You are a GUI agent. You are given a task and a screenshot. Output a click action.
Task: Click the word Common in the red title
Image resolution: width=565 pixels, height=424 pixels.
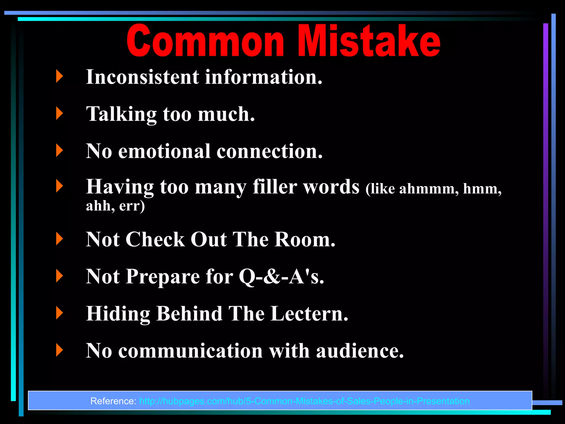206,41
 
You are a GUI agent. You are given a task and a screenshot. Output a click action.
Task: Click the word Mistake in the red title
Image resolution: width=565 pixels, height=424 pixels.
369,41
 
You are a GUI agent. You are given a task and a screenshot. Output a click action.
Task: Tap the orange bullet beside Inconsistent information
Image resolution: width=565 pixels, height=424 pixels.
59,76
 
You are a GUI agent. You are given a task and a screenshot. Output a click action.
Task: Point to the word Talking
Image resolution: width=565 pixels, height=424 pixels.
121,114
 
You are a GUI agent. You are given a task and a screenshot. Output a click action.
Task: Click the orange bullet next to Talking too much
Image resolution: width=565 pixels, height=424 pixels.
59,113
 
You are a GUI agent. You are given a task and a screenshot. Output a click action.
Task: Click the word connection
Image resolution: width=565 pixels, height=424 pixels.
270,151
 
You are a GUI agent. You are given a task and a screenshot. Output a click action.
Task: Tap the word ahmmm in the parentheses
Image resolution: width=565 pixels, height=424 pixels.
429,189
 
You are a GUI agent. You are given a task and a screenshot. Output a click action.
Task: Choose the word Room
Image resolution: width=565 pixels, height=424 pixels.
305,239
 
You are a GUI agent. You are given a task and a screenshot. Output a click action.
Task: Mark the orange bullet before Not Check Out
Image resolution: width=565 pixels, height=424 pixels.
59,239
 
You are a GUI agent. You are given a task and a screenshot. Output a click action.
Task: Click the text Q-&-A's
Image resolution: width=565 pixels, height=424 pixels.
281,276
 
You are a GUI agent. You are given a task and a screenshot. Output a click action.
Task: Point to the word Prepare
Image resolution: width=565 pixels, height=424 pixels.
163,277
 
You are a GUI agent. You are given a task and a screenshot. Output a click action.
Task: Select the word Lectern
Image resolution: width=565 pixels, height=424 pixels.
309,314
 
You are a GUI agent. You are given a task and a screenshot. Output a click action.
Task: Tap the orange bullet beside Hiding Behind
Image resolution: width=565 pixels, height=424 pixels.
59,313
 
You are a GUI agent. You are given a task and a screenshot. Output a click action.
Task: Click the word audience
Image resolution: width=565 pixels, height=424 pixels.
360,351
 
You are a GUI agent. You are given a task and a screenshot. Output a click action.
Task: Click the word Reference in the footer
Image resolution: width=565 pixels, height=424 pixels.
113,401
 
